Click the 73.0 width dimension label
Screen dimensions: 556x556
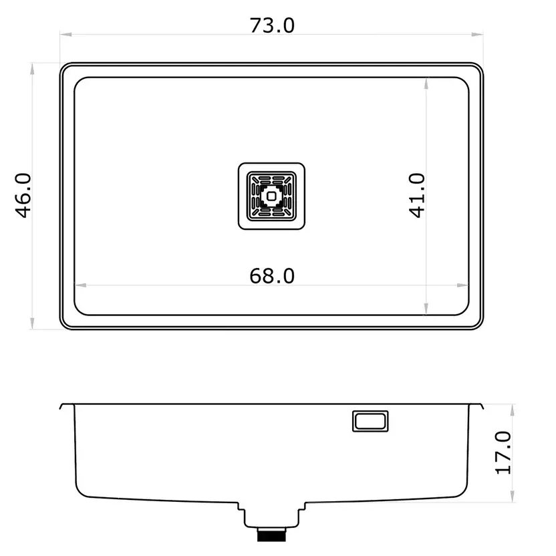(x=272, y=25)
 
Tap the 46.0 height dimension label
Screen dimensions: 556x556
(x=23, y=195)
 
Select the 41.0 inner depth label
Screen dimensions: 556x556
(x=416, y=195)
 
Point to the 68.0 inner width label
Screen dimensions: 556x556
(x=272, y=276)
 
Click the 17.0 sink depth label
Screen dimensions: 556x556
(x=503, y=453)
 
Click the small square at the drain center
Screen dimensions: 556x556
(x=271, y=196)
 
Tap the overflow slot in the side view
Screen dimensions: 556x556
(x=370, y=421)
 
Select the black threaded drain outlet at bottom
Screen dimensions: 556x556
(x=271, y=535)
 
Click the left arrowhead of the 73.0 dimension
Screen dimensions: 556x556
(x=66, y=34)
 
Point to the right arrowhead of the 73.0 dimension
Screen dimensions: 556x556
(x=477, y=34)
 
